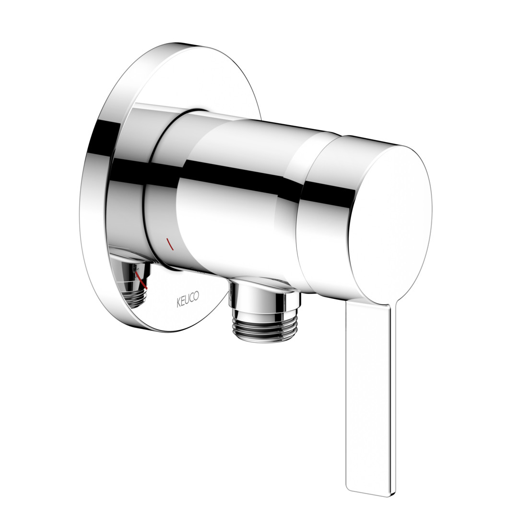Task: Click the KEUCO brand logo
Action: tap(188, 299)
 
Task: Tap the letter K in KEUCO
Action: tap(179, 303)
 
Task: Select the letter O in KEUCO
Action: tap(196, 296)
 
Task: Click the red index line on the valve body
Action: tap(169, 244)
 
